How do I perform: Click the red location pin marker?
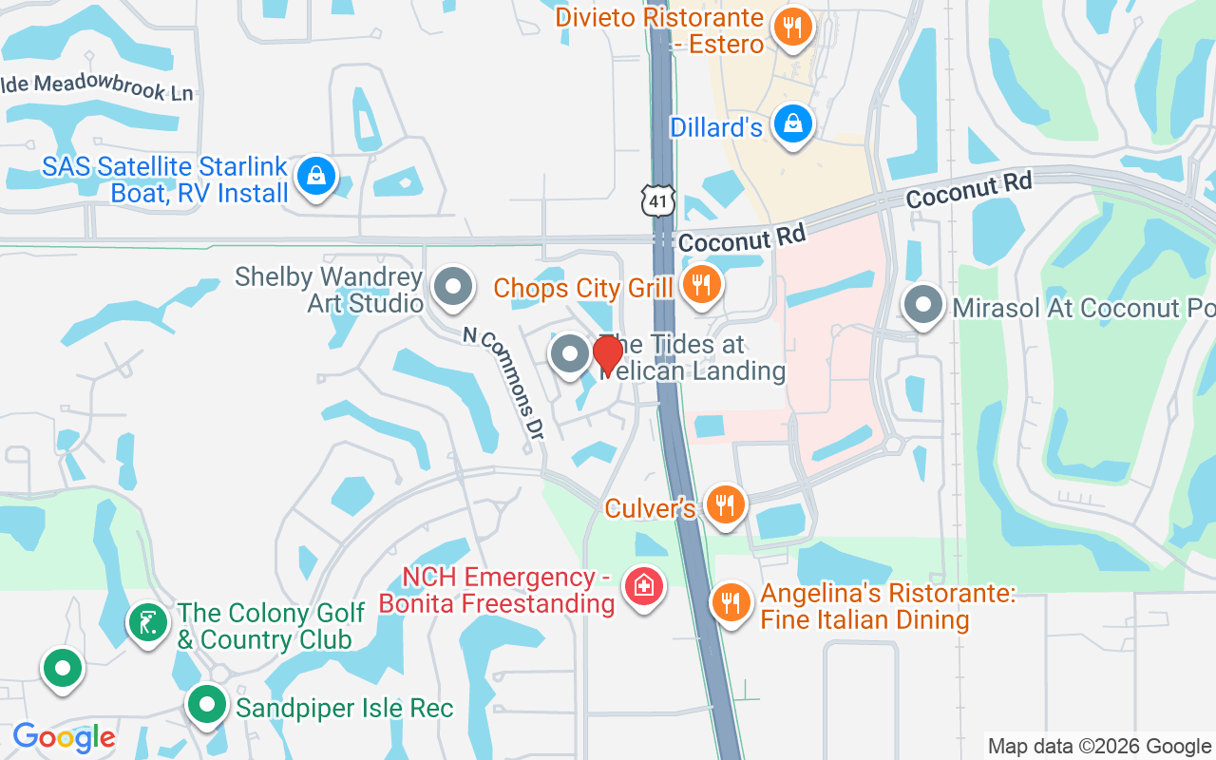click(608, 355)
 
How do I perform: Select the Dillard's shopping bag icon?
click(791, 124)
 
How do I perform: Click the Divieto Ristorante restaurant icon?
click(791, 27)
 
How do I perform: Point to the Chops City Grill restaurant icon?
click(701, 285)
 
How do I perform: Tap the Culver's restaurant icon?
click(726, 505)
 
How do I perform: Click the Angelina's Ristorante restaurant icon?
click(731, 602)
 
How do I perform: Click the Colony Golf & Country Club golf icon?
click(148, 623)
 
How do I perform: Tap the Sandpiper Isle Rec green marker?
click(206, 705)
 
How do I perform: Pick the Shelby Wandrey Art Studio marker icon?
click(453, 286)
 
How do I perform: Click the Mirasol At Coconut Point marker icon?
click(922, 305)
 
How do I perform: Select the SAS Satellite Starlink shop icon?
click(315, 176)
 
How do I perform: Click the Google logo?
click(64, 737)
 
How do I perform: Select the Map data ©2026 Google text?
click(1099, 747)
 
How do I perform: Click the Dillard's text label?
click(716, 127)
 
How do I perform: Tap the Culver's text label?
click(650, 508)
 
